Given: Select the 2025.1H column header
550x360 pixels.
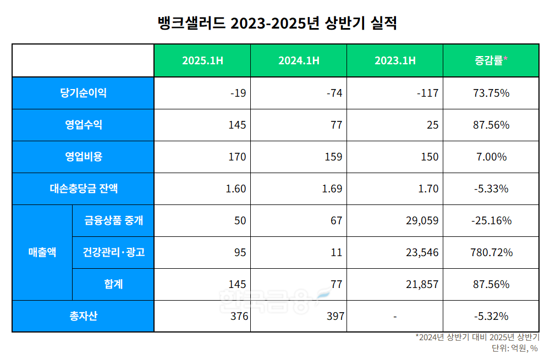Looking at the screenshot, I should [202, 60].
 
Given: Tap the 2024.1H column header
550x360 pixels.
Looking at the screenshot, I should [298, 60].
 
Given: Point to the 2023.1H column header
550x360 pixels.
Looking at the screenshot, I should [394, 60].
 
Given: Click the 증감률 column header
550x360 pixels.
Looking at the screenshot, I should [491, 60].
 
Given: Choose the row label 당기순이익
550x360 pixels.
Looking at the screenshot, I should [83, 93].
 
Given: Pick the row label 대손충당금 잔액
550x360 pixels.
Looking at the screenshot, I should [83, 189].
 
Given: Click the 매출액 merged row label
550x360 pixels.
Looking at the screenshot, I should [42, 252].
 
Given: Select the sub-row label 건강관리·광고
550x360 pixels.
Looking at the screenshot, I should [113, 252].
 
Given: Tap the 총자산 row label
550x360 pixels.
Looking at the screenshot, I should [83, 316].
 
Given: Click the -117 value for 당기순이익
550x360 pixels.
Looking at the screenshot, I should [427, 93].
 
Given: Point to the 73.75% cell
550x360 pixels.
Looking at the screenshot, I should [491, 93].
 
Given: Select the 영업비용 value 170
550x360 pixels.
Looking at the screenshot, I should [237, 157].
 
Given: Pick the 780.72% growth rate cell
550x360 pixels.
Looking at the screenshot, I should [491, 252].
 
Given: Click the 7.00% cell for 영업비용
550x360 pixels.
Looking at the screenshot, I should [491, 157].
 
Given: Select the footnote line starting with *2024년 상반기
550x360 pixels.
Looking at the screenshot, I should [476, 337].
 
